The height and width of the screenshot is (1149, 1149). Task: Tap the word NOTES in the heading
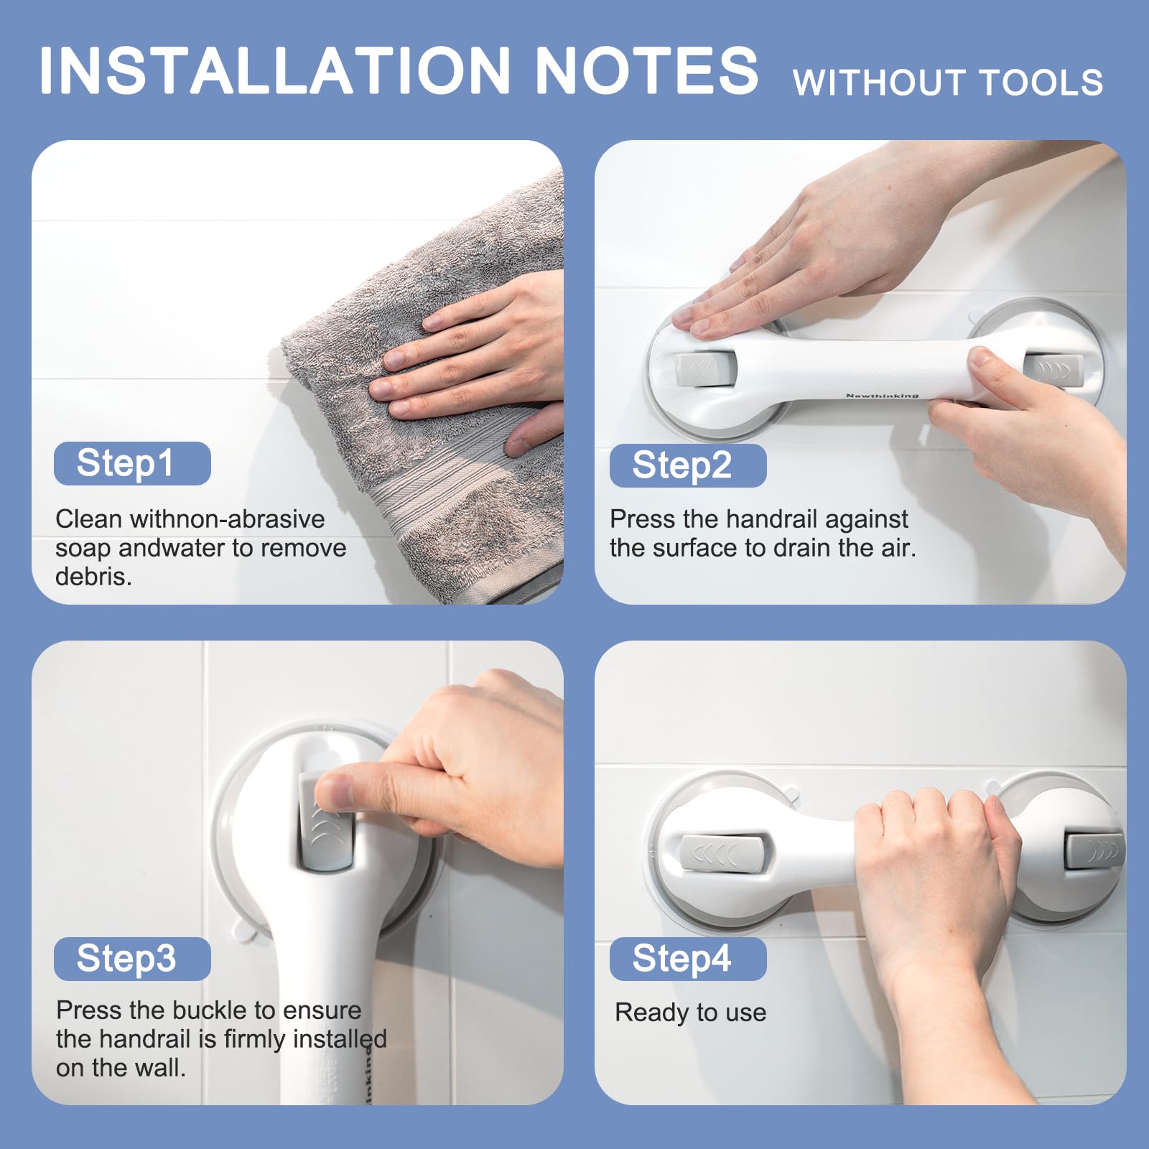click(x=646, y=70)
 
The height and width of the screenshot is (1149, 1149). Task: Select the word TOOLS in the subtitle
click(x=1041, y=83)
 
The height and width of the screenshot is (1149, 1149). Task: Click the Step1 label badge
click(x=132, y=463)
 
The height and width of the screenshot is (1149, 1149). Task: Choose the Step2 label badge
click(x=688, y=465)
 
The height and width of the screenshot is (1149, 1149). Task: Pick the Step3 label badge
click(x=132, y=959)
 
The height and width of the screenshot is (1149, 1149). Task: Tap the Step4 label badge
click(x=688, y=959)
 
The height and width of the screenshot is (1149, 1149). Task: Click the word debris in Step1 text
click(x=93, y=577)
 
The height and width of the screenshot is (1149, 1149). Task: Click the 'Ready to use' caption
click(x=691, y=1013)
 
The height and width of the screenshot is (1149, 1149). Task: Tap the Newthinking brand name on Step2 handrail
click(x=882, y=396)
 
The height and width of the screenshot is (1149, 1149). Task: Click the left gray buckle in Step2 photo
click(x=704, y=371)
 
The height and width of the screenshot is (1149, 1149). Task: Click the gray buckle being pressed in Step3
click(x=327, y=823)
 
